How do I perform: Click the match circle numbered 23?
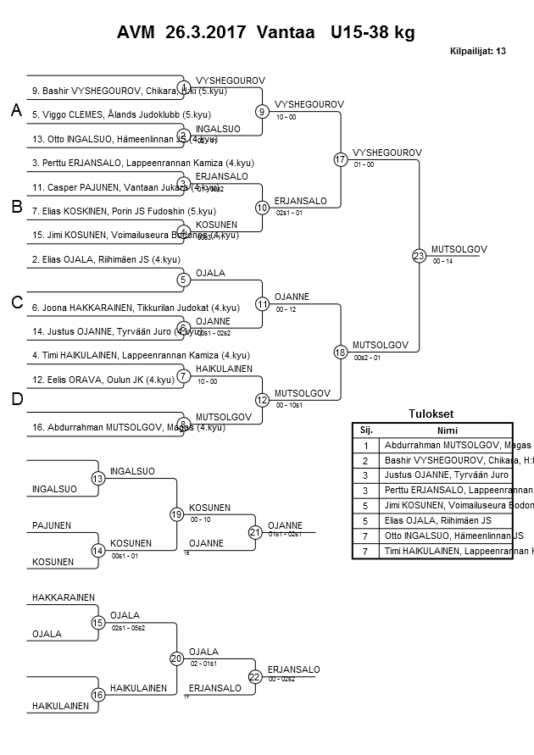point(418,255)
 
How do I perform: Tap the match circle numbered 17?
point(340,158)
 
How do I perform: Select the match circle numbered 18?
point(340,352)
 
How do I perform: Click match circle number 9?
point(262,111)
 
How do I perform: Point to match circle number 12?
point(262,399)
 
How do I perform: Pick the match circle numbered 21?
point(254,532)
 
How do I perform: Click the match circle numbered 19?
point(176,514)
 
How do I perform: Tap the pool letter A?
point(15,111)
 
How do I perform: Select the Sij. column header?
point(366,430)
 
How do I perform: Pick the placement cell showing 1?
point(366,445)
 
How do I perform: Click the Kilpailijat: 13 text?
point(477,51)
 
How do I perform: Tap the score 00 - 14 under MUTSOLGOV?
point(442,262)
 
